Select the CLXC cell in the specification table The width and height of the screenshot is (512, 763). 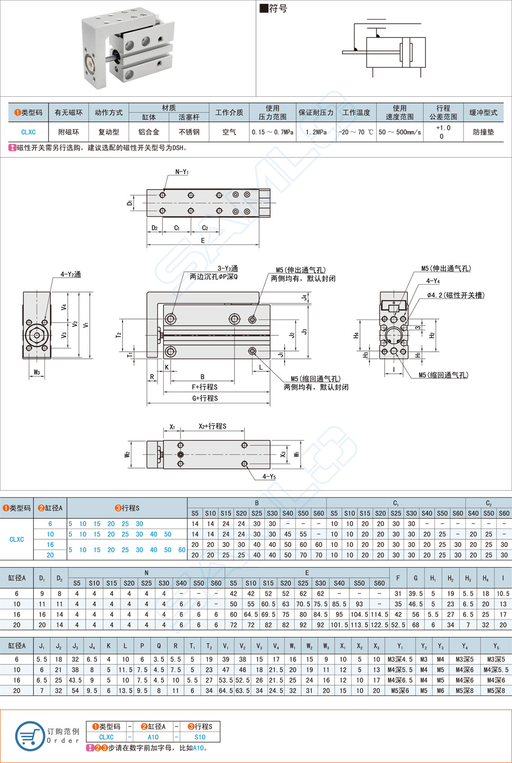[28, 132]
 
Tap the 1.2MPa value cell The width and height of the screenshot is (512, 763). [316, 132]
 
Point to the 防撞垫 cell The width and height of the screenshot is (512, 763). [483, 132]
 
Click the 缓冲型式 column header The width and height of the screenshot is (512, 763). [483, 113]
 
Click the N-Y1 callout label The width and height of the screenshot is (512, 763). [182, 172]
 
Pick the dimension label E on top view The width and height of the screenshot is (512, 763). [203, 240]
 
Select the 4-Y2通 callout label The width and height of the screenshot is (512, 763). [70, 274]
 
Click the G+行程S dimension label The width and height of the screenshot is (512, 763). [205, 398]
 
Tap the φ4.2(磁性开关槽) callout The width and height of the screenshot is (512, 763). [455, 295]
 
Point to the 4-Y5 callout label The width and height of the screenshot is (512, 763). [269, 477]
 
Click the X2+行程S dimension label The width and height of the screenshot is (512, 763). [212, 426]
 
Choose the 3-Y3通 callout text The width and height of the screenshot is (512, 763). [227, 268]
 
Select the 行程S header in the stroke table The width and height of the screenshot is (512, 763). [127, 508]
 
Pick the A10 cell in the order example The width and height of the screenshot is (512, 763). [153, 737]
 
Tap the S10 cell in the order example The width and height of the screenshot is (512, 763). [200, 737]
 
